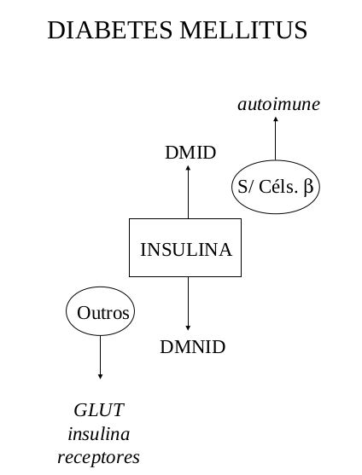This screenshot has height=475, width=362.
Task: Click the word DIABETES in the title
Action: (x=110, y=31)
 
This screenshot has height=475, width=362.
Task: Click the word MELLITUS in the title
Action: (x=244, y=31)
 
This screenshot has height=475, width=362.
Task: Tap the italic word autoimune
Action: (x=279, y=105)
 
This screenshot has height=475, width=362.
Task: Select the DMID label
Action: (x=190, y=153)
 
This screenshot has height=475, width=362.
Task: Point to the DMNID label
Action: (x=193, y=347)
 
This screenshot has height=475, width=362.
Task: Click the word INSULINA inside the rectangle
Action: (x=186, y=250)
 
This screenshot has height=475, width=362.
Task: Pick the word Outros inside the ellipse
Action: (x=103, y=313)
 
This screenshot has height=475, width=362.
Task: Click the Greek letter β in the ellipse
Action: (x=308, y=188)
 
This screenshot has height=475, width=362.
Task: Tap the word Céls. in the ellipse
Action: (x=277, y=187)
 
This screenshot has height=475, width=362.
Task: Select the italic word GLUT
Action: (x=99, y=410)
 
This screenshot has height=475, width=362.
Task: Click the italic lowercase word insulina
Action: (x=99, y=434)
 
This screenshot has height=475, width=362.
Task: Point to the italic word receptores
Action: (x=98, y=457)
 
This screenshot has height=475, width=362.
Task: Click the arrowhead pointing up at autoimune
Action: (x=276, y=119)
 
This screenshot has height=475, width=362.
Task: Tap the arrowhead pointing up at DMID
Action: (x=189, y=168)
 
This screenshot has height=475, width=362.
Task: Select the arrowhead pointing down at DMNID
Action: (x=188, y=327)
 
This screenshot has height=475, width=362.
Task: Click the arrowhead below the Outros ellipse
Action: (x=100, y=377)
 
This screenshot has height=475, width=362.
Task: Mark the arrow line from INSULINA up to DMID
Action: (x=189, y=192)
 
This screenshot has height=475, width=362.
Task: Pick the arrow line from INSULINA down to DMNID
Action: (x=188, y=304)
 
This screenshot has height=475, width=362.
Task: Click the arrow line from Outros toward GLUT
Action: (x=100, y=357)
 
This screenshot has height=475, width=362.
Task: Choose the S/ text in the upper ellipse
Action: (x=245, y=187)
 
